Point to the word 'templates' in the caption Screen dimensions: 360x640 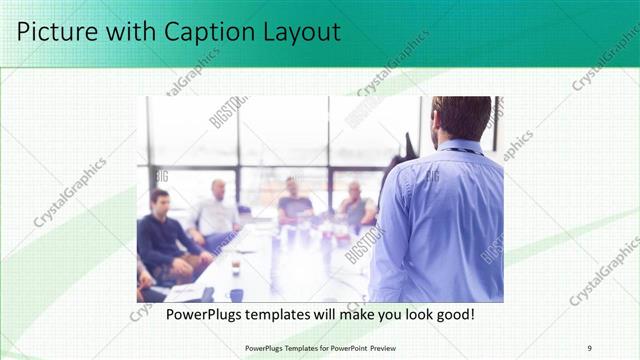(286, 315)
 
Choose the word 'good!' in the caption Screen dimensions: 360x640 (452, 315)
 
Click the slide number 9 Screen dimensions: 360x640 (589, 347)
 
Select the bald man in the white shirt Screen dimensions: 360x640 (217, 210)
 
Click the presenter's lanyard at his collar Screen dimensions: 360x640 (462, 151)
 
